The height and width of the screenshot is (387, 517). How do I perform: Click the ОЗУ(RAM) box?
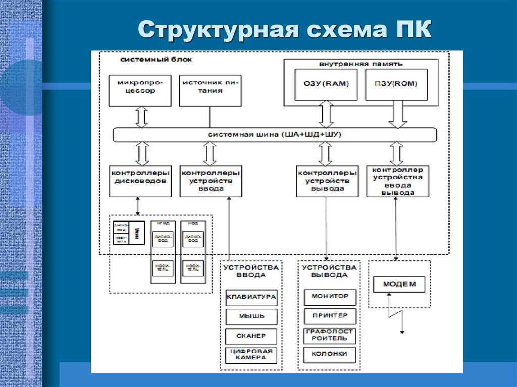tap(326, 84)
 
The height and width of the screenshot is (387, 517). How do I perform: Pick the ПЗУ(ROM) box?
tap(395, 84)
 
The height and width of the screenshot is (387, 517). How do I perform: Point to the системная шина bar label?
tap(275, 135)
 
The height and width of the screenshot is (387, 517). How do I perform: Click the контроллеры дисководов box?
tap(140, 181)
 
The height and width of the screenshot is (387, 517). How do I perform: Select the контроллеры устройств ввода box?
tap(210, 181)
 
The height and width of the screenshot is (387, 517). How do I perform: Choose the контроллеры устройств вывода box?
tap(327, 181)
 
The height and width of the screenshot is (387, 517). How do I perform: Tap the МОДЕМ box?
tap(399, 284)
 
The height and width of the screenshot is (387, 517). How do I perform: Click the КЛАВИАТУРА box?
tap(251, 297)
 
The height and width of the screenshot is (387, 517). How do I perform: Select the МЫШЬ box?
tap(251, 317)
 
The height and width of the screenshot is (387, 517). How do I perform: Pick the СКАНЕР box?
tap(251, 336)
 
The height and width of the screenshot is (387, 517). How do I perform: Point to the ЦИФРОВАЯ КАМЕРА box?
tap(251, 355)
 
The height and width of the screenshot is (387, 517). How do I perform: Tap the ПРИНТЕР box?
tap(330, 316)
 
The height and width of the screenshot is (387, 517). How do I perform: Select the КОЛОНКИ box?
tap(330, 354)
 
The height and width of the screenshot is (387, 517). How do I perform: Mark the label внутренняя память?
tap(360, 65)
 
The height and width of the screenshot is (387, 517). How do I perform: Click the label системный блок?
tap(156, 60)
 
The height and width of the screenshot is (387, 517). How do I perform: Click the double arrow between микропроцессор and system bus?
tap(141, 117)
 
